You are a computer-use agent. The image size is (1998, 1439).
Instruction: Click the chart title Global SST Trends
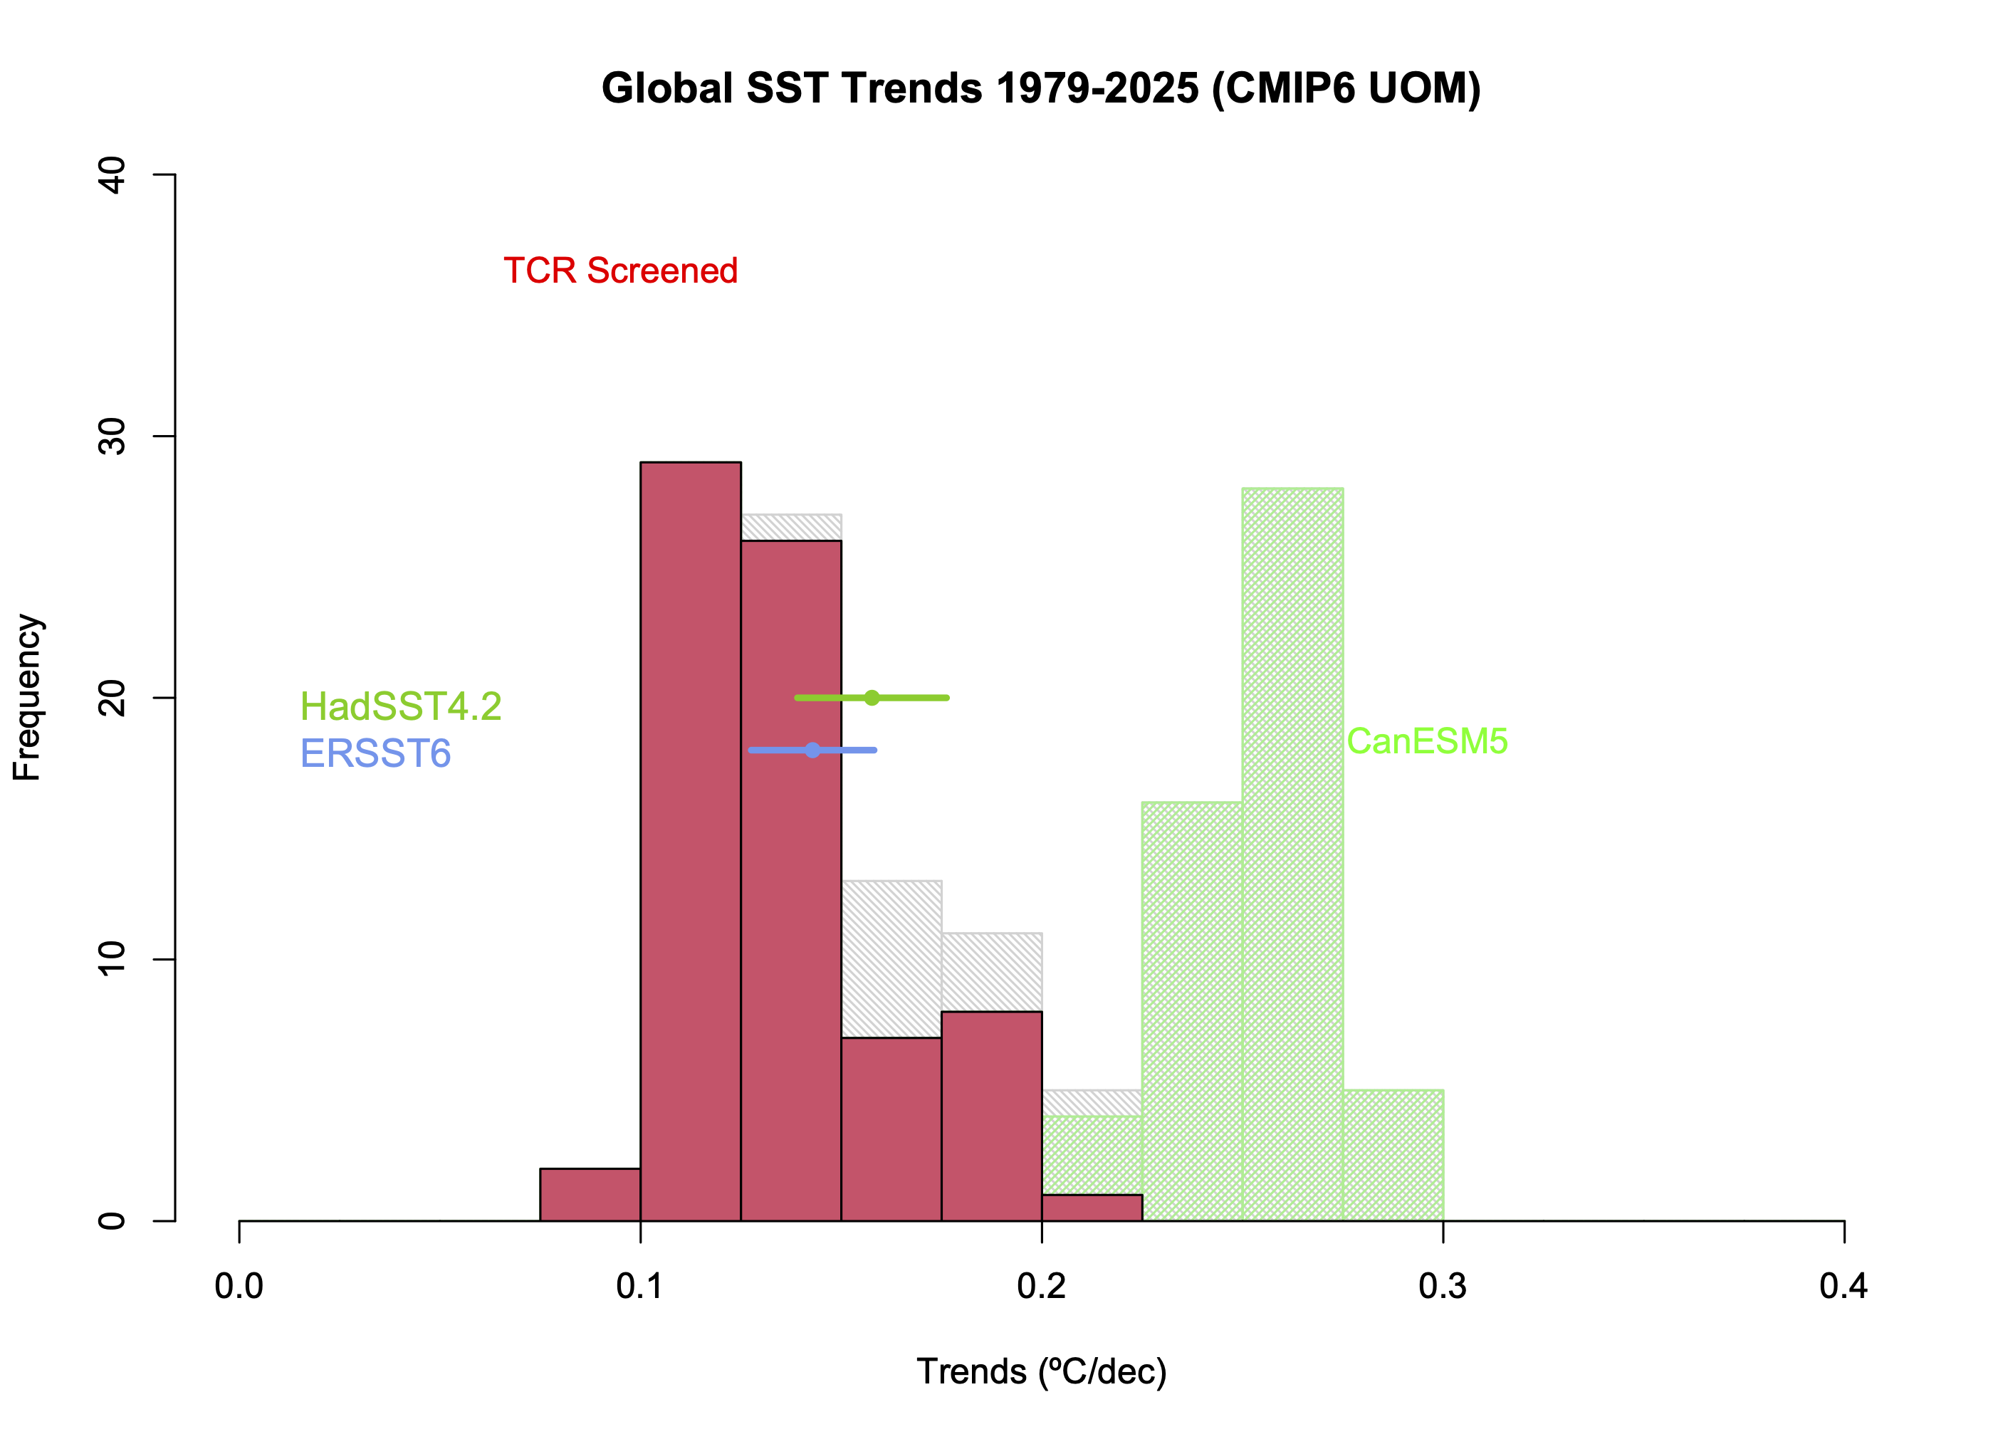pos(1040,89)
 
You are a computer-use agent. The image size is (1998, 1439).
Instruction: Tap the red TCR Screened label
pos(620,271)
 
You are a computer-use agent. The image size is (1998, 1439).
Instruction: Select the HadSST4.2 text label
pos(401,706)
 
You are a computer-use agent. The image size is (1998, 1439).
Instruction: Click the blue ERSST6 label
pos(375,754)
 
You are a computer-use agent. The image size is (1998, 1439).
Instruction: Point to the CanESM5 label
pos(1426,741)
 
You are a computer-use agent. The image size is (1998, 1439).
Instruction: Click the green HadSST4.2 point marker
pos(872,698)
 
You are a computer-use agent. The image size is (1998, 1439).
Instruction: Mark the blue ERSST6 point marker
pos(812,750)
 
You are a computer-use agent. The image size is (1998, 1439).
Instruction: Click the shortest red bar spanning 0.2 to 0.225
pos(1092,1208)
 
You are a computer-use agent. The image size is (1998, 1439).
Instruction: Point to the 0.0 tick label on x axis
pos(239,1287)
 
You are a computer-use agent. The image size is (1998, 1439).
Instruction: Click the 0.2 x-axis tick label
pos(1041,1287)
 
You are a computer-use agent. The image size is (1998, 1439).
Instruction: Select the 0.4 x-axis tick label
pos(1843,1287)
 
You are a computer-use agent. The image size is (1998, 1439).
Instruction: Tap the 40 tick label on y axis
pos(113,175)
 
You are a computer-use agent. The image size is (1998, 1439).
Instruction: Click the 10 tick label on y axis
pos(113,959)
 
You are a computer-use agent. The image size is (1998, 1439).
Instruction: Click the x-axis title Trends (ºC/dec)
pos(1041,1372)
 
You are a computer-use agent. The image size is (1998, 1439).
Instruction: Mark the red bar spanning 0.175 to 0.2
pos(991,1116)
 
